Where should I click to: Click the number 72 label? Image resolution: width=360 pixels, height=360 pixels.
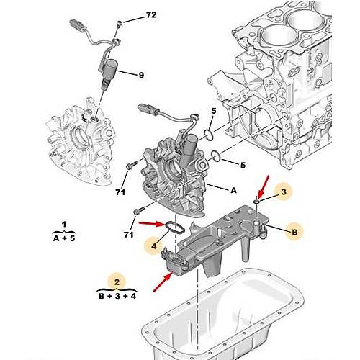(150, 15)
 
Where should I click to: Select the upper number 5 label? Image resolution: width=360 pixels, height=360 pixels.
(213, 110)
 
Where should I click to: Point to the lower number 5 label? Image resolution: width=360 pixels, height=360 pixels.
(243, 165)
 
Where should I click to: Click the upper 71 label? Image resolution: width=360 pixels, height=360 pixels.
(121, 192)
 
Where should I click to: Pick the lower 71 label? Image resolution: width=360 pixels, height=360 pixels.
(129, 235)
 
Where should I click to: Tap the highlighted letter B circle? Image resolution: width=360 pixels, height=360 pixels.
(293, 231)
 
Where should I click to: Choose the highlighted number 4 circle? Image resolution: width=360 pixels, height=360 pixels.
(153, 248)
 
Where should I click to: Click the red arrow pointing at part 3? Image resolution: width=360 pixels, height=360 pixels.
(263, 184)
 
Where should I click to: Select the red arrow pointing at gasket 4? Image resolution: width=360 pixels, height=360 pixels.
(150, 225)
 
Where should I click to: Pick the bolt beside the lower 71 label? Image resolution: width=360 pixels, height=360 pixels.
(136, 212)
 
